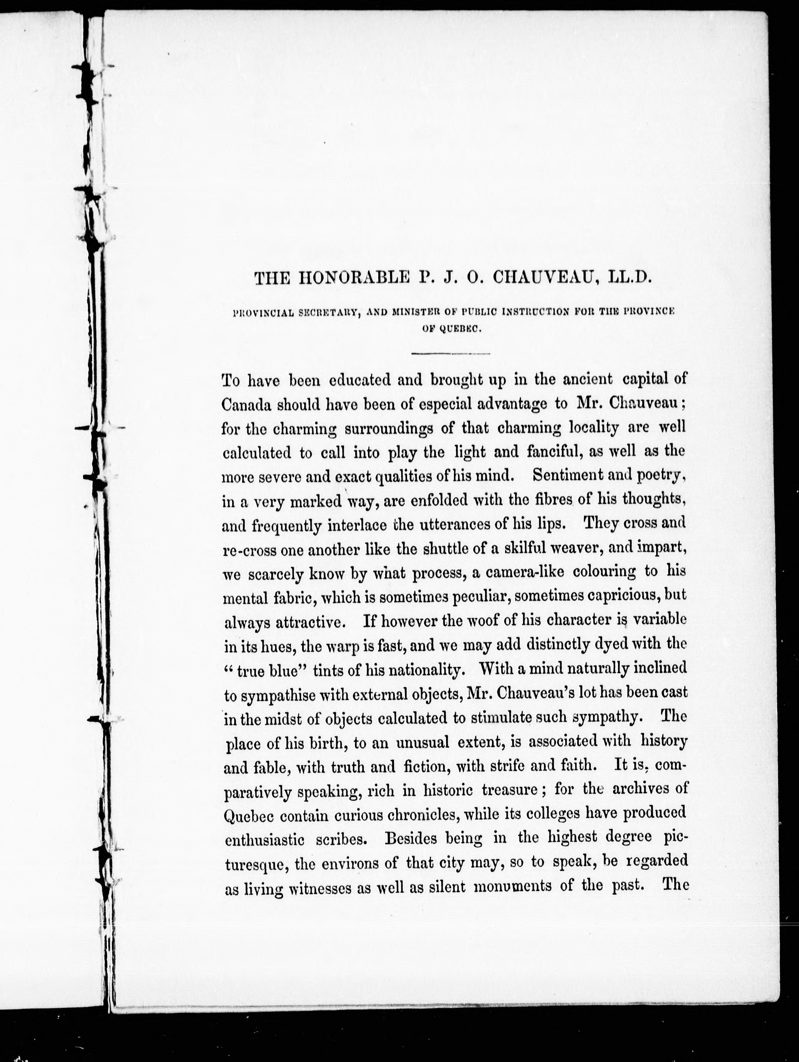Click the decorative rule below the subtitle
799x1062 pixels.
450,354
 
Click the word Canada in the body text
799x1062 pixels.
245,404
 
